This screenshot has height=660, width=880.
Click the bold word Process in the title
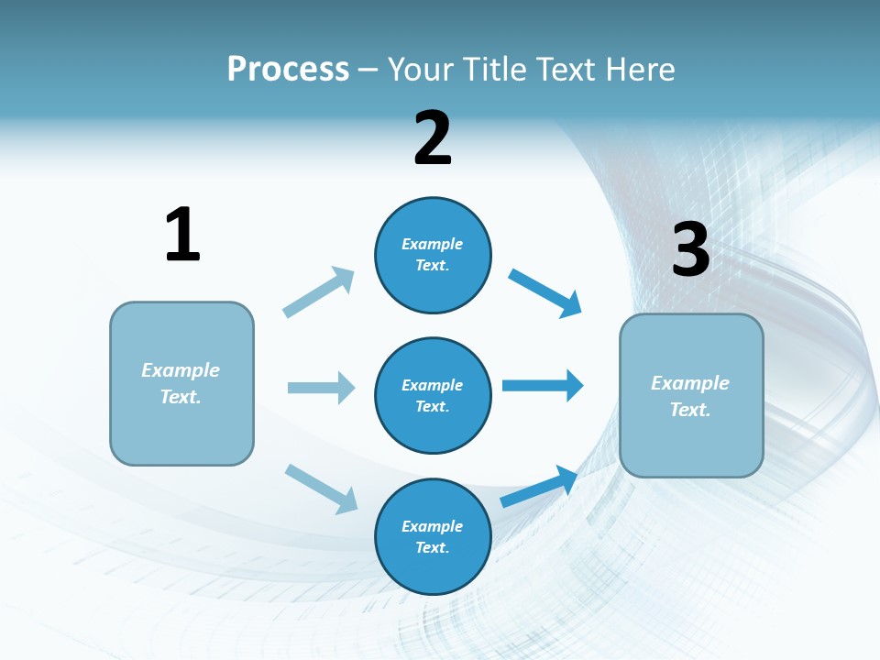click(x=288, y=70)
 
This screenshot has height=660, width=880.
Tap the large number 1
click(x=182, y=235)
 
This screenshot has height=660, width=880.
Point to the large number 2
click(x=433, y=138)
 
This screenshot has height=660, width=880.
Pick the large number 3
click(x=690, y=250)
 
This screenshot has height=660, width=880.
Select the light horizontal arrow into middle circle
click(x=321, y=388)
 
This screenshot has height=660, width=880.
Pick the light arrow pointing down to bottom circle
click(x=321, y=489)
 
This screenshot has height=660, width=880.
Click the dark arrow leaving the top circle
click(x=544, y=292)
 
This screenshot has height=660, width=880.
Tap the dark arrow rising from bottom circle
click(x=539, y=487)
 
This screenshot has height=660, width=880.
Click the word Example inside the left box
click(x=181, y=370)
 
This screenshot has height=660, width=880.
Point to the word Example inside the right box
click(x=690, y=383)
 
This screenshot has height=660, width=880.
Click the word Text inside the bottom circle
click(x=431, y=548)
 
